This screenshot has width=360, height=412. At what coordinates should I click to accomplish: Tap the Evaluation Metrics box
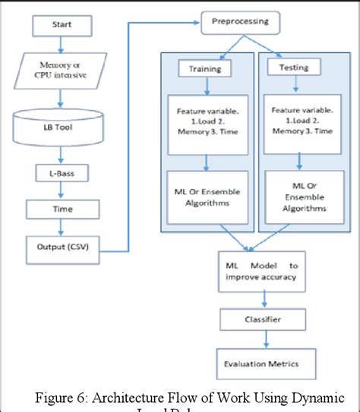pyautogui.click(x=258, y=363)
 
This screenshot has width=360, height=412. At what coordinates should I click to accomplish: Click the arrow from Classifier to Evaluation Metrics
pyautogui.click(x=258, y=341)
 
